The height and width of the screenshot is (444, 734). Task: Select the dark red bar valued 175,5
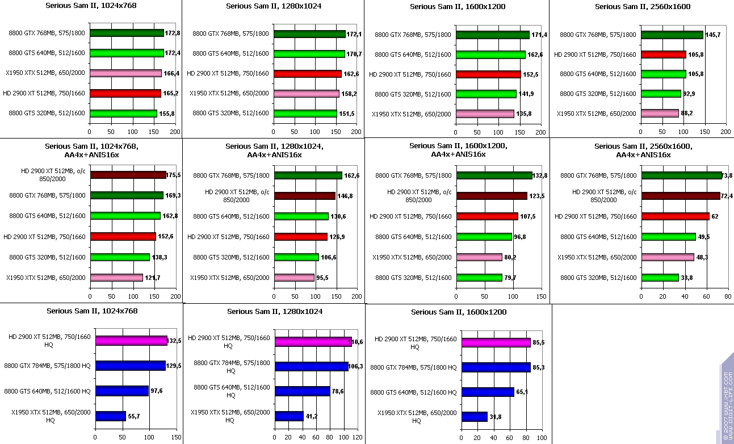[x=128, y=175]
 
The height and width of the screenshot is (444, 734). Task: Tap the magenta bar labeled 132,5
[x=131, y=341]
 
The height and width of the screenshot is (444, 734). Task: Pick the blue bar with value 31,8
[x=474, y=417]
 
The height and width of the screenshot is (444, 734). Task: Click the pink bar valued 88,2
[x=660, y=113]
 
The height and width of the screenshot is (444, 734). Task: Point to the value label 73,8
[x=727, y=175]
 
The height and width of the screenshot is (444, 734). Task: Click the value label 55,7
[x=134, y=416]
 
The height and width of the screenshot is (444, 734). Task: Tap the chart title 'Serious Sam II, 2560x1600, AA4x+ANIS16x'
[x=643, y=150]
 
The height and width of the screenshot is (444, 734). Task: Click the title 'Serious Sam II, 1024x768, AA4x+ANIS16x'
[x=91, y=150]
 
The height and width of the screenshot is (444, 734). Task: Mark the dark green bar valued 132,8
[x=494, y=175]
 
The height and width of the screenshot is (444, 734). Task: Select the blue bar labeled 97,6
[x=121, y=391]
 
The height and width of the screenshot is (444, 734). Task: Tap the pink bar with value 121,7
[x=116, y=278]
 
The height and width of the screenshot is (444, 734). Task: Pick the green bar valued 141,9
[x=486, y=94]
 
